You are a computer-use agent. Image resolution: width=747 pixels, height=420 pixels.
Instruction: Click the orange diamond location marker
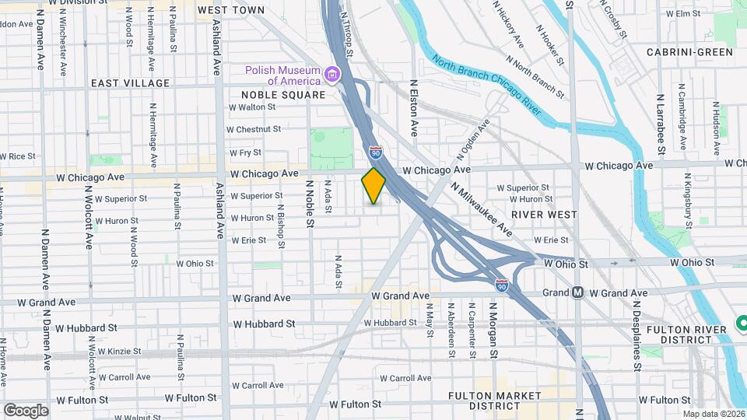pos(373,186)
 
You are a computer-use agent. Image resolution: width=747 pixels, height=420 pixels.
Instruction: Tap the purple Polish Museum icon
pos(333,75)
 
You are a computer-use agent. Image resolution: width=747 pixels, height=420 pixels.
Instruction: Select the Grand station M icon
pos(577,293)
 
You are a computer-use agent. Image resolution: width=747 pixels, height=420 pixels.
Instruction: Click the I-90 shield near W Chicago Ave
pos(376,152)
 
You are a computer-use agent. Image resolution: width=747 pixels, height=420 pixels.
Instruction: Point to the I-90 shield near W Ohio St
pos(503,285)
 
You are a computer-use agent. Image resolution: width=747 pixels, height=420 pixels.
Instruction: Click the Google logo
pos(26,410)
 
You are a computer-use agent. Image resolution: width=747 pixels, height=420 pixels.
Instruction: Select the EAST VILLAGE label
pos(130,82)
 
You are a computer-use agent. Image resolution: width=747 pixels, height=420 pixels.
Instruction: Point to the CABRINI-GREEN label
pos(689,52)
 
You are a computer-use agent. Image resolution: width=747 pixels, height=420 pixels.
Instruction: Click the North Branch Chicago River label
pos(486,86)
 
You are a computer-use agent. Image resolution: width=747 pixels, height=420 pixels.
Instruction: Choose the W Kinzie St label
pos(117,352)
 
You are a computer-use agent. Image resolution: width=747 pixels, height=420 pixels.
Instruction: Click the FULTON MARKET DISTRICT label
pos(494,401)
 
